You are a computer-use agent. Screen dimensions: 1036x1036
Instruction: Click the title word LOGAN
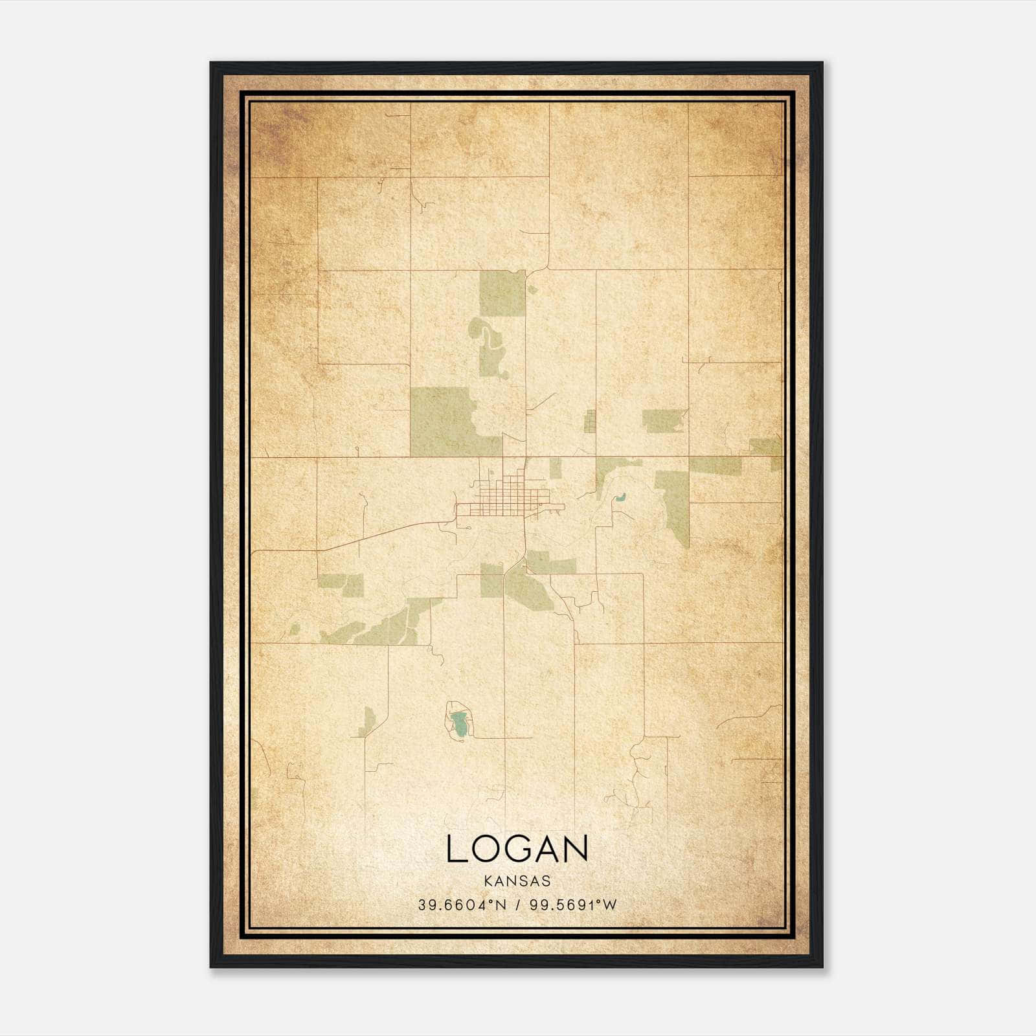(x=517, y=849)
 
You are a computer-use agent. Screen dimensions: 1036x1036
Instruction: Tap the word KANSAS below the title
(x=517, y=881)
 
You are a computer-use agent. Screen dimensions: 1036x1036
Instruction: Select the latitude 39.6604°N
(x=462, y=905)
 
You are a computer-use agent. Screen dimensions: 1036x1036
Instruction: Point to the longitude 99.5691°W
(x=574, y=905)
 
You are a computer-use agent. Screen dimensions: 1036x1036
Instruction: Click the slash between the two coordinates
(x=518, y=905)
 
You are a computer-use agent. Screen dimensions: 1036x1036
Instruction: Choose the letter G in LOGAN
(x=519, y=849)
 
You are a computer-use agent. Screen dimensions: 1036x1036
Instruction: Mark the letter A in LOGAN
(x=548, y=849)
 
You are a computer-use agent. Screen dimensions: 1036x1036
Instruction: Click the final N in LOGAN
(x=577, y=849)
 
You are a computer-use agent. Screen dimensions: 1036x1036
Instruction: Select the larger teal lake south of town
(x=459, y=725)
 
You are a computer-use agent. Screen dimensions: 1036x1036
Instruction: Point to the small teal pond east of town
(x=620, y=499)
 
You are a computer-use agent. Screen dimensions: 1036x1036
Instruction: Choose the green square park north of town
(x=502, y=293)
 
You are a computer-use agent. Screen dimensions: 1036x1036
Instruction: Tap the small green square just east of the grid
(x=556, y=468)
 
